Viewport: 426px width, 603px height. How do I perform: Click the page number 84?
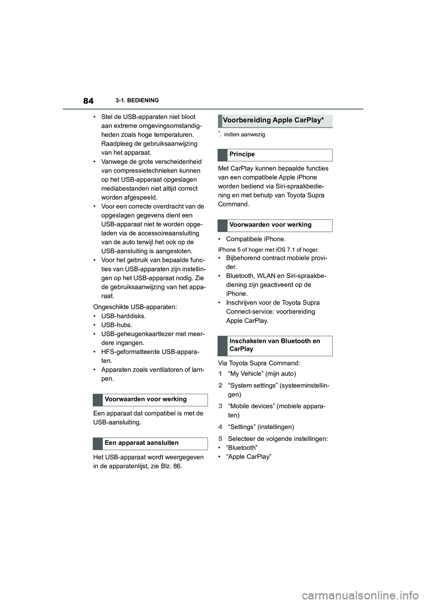pyautogui.click(x=88, y=101)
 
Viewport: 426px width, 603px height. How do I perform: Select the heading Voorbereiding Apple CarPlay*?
pyautogui.click(x=273, y=120)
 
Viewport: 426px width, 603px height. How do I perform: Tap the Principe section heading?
pyautogui.click(x=242, y=155)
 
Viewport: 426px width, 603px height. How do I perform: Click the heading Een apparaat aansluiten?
pyautogui.click(x=142, y=443)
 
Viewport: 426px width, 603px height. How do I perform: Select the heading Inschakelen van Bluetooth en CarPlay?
pyautogui.click(x=274, y=345)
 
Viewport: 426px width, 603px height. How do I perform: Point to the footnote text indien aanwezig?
pyautogui.click(x=245, y=135)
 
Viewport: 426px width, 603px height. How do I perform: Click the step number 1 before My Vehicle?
pyautogui.click(x=220, y=374)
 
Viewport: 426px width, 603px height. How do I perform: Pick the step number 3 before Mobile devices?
pyautogui.click(x=220, y=406)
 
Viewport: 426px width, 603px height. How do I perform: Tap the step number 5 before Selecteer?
pyautogui.click(x=220, y=439)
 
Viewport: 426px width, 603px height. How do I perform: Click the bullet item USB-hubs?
pyautogui.click(x=117, y=325)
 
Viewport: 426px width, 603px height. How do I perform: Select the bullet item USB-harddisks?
pyautogui.click(x=123, y=316)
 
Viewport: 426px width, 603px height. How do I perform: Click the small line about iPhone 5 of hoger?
pyautogui.click(x=268, y=250)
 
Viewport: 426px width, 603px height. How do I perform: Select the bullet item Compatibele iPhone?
pyautogui.click(x=256, y=239)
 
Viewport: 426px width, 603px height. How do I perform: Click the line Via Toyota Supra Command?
pyautogui.click(x=259, y=363)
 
